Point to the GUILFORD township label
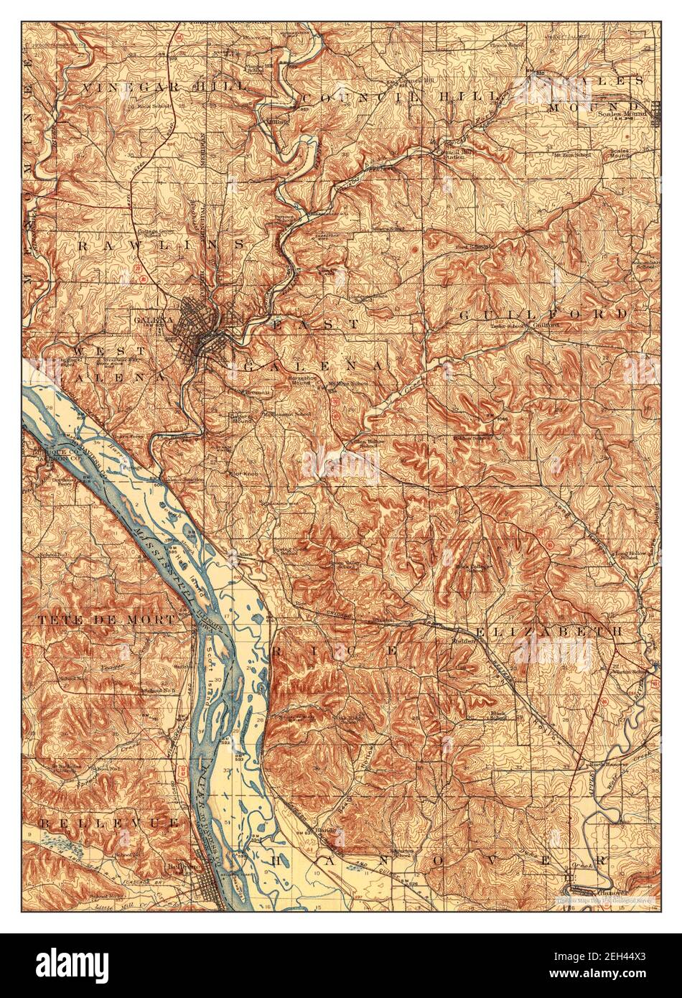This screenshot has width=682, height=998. pos(543,314)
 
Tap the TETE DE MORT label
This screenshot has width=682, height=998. pos(106,619)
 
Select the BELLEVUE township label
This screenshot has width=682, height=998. pos(108,822)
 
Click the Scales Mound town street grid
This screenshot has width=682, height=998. pos(655,113)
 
